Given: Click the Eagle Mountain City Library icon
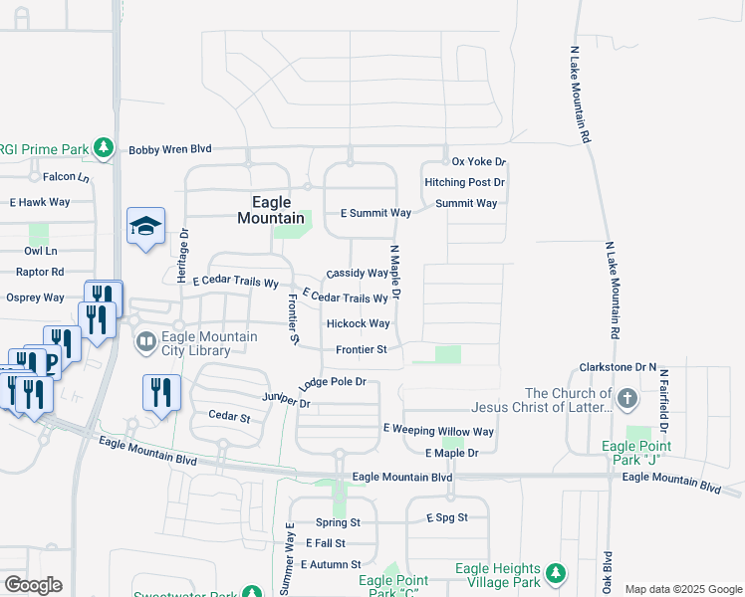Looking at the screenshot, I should [145, 343].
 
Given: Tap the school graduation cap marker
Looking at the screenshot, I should [145, 228].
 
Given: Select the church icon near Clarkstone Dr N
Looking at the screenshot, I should [626, 400].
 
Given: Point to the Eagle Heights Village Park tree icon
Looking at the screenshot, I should [555, 574].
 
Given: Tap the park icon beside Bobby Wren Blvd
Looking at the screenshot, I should [103, 148].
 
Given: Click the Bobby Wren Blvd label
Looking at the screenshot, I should [170, 149].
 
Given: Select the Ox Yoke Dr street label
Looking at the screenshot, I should [479, 161].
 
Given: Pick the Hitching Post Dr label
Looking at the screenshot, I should [464, 182].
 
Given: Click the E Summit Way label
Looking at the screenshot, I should [375, 213].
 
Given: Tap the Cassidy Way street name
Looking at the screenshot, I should [357, 273].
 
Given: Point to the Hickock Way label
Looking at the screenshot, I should [358, 323].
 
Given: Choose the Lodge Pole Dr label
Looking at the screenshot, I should [333, 381].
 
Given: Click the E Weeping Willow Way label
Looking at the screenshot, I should [438, 431].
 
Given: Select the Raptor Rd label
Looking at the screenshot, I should [35, 271].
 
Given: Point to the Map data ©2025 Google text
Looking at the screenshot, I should [682, 589].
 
